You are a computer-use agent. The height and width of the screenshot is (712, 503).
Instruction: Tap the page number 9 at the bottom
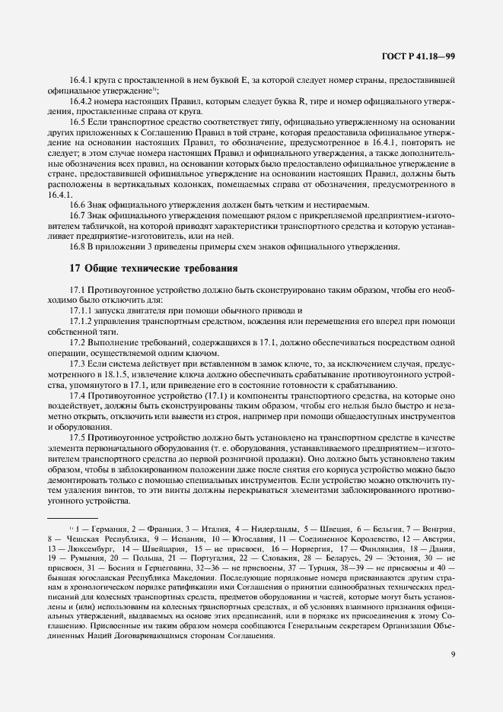click(x=452, y=650)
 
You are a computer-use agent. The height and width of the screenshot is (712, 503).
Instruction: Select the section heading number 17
click(x=75, y=268)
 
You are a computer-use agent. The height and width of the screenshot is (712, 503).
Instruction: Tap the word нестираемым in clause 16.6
click(x=339, y=205)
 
